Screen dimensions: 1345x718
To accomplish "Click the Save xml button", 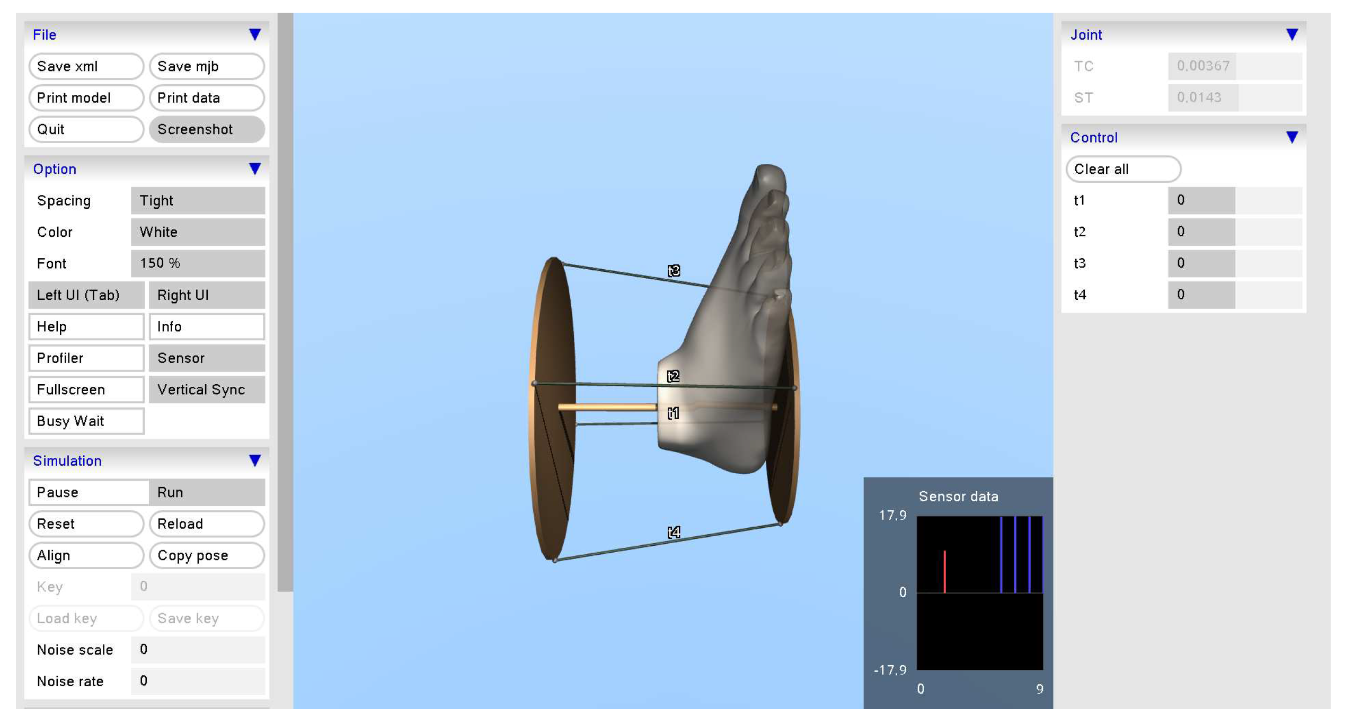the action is pos(86,66).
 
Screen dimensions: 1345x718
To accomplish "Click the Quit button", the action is pos(86,129).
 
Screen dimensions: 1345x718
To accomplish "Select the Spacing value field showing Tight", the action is pos(198,200).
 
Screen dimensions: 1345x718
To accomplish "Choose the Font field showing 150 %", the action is pos(198,263).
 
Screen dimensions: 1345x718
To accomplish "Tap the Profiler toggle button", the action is pos(86,358).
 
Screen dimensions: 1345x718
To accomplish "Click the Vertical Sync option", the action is pos(207,389).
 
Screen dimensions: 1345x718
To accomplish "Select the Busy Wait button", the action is pos(86,421).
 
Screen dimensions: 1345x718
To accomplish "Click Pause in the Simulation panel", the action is pos(89,492).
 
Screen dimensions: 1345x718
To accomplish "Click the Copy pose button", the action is pos(207,555).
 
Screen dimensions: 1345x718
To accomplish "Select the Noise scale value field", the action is pos(198,650).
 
